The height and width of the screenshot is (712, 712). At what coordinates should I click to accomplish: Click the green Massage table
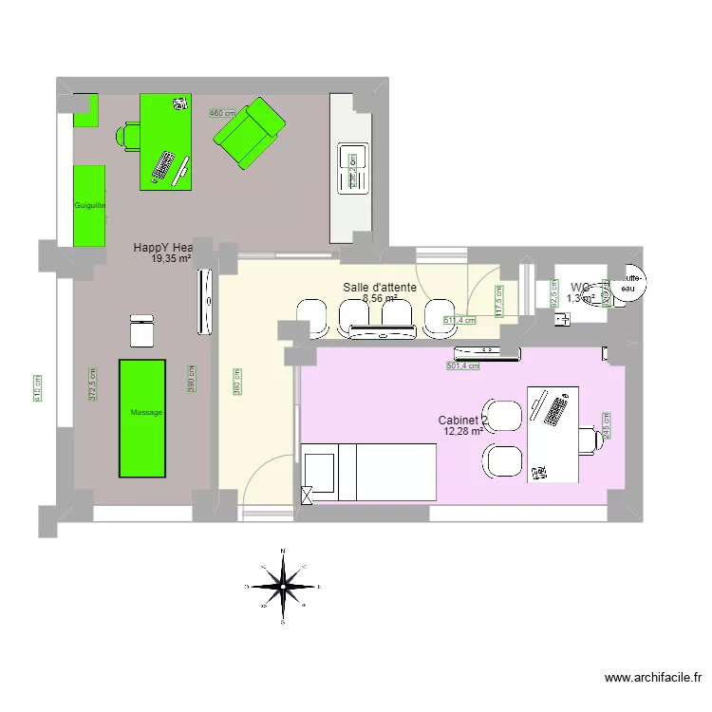coord(141,418)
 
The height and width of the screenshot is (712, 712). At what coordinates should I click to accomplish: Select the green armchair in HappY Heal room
coord(249,133)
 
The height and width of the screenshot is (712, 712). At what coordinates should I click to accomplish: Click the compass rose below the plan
coord(283,588)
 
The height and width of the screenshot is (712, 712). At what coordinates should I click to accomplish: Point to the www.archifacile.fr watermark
coord(653,678)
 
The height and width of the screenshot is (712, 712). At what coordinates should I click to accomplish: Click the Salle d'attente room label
coord(380,287)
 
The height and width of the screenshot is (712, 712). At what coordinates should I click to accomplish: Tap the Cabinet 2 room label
coord(463,420)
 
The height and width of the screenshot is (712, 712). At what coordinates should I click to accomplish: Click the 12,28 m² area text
coord(463,432)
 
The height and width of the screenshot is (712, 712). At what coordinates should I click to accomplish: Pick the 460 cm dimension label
coord(222,113)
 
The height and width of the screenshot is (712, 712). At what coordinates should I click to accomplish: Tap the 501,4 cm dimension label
coord(463,365)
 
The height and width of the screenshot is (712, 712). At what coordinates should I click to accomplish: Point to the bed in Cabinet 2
coord(370,473)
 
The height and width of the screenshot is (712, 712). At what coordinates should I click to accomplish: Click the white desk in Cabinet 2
coord(553,433)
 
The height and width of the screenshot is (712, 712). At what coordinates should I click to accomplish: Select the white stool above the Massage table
coord(141,329)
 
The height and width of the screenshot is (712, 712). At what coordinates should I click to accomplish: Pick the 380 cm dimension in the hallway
coord(236,382)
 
